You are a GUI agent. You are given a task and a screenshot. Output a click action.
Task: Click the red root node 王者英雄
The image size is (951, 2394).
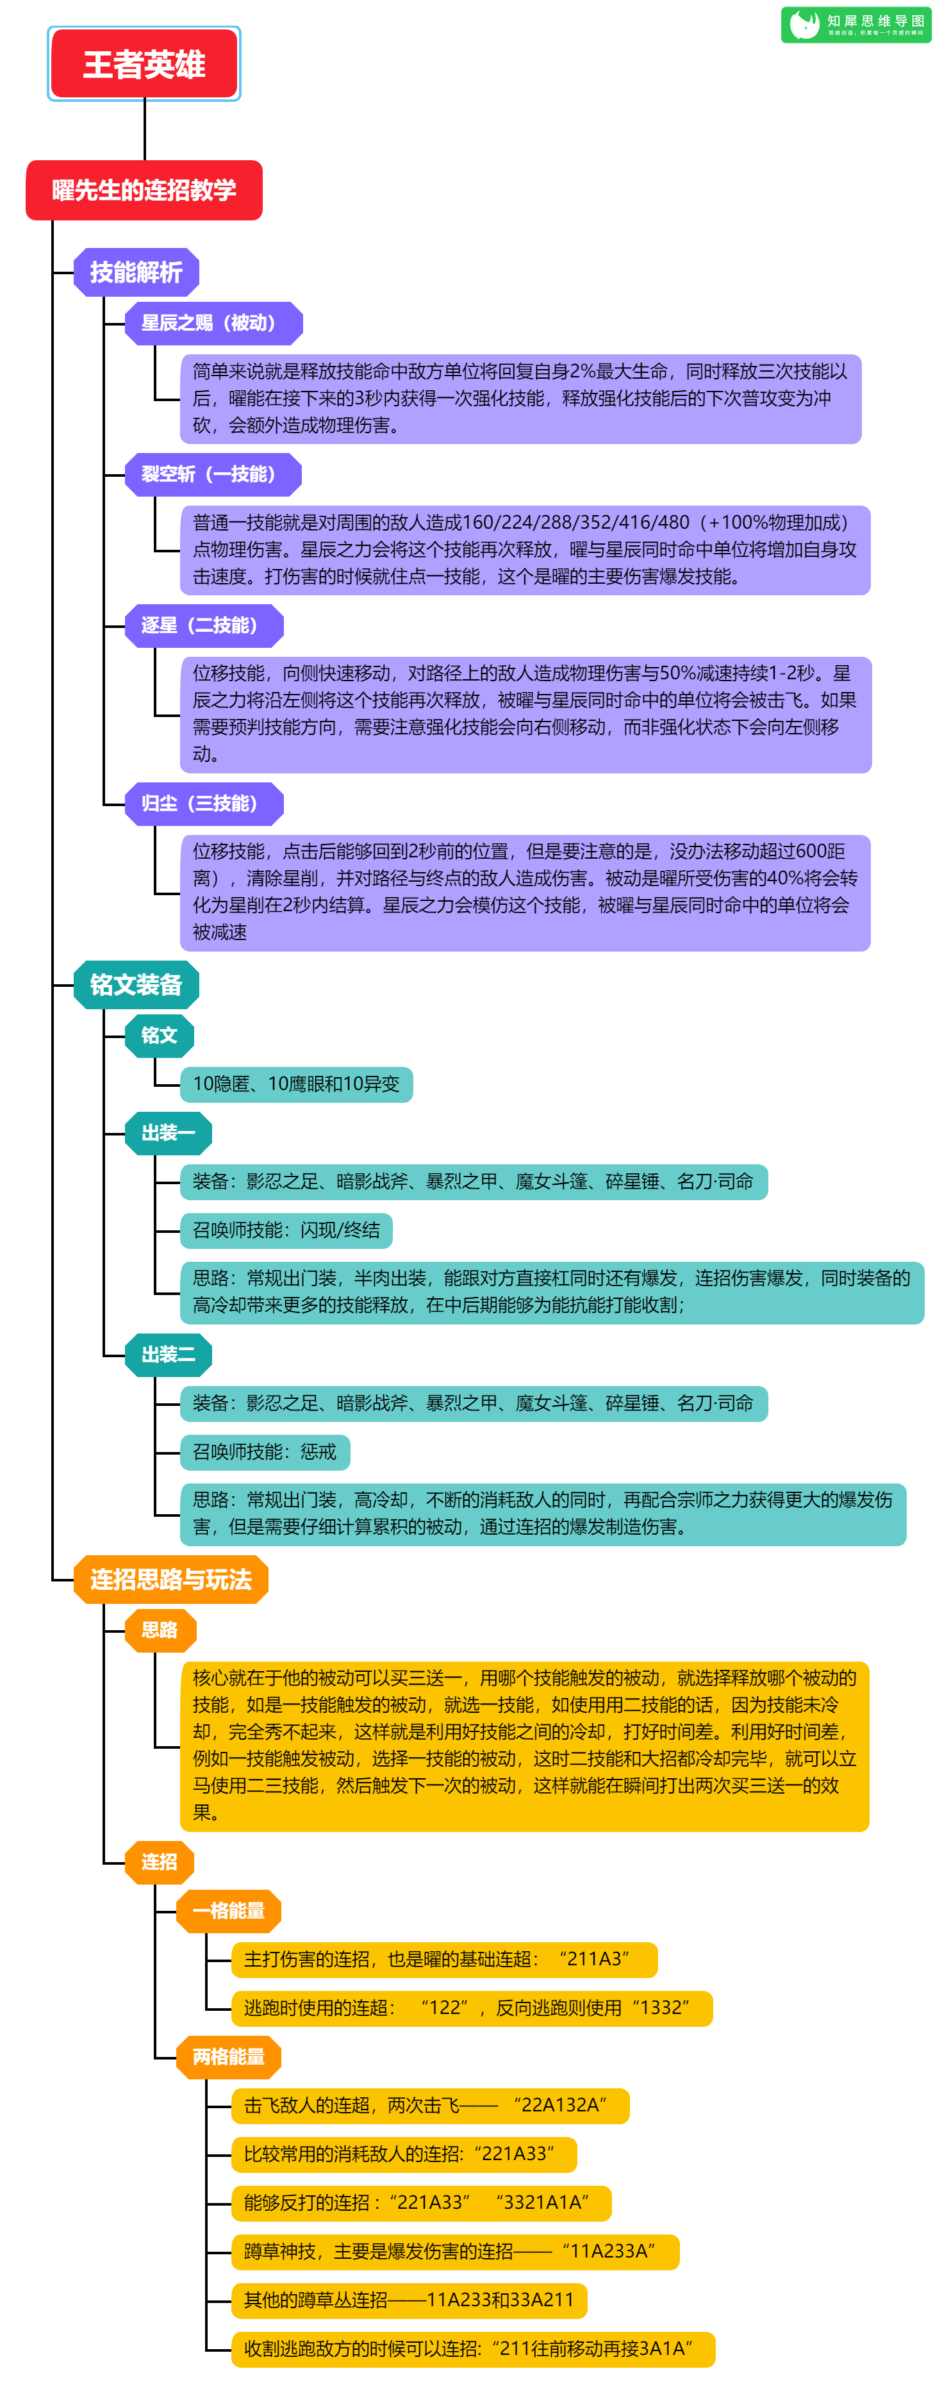tap(144, 63)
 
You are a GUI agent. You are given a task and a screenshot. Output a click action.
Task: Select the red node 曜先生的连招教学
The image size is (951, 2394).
tap(144, 190)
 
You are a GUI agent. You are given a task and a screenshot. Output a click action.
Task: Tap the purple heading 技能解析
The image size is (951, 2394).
tap(136, 272)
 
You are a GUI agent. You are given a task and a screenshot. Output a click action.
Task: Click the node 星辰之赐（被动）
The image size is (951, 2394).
tap(214, 324)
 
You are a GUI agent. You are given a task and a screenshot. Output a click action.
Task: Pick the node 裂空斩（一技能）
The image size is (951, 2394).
tap(214, 475)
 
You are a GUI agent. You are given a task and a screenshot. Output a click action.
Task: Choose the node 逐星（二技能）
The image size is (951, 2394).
tap(204, 625)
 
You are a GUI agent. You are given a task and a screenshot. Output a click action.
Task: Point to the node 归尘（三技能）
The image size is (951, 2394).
tap(204, 804)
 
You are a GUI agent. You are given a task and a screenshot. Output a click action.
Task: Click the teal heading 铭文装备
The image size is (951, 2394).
tap(136, 985)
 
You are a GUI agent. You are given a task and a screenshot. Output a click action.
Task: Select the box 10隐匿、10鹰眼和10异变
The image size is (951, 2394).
tap(297, 1085)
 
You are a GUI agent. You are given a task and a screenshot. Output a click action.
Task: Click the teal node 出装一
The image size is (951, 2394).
tap(169, 1134)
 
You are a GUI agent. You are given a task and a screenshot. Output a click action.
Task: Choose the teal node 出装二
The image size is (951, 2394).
tap(169, 1355)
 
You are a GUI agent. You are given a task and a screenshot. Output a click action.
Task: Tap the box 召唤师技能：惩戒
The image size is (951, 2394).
tap(265, 1453)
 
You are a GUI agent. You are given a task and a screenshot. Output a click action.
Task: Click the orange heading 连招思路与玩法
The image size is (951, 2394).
tap(171, 1580)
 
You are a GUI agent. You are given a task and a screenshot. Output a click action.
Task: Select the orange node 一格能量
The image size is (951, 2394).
tap(229, 1911)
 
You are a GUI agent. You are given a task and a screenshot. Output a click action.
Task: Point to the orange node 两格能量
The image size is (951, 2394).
tap(229, 2057)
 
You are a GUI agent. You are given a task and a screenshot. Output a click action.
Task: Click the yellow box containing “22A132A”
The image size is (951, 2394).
tap(431, 2106)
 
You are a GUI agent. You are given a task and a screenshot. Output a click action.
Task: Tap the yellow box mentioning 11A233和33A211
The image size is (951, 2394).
tap(409, 2300)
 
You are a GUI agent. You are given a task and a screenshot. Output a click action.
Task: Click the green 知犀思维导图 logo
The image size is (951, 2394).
tap(856, 25)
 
